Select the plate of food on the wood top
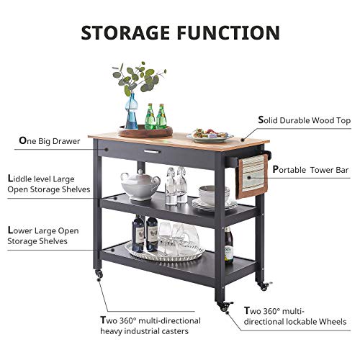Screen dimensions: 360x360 pyautogui.click(x=210, y=134)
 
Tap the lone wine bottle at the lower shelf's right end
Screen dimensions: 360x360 pyautogui.click(x=228, y=245)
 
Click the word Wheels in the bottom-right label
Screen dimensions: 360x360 pyautogui.click(x=333, y=322)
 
